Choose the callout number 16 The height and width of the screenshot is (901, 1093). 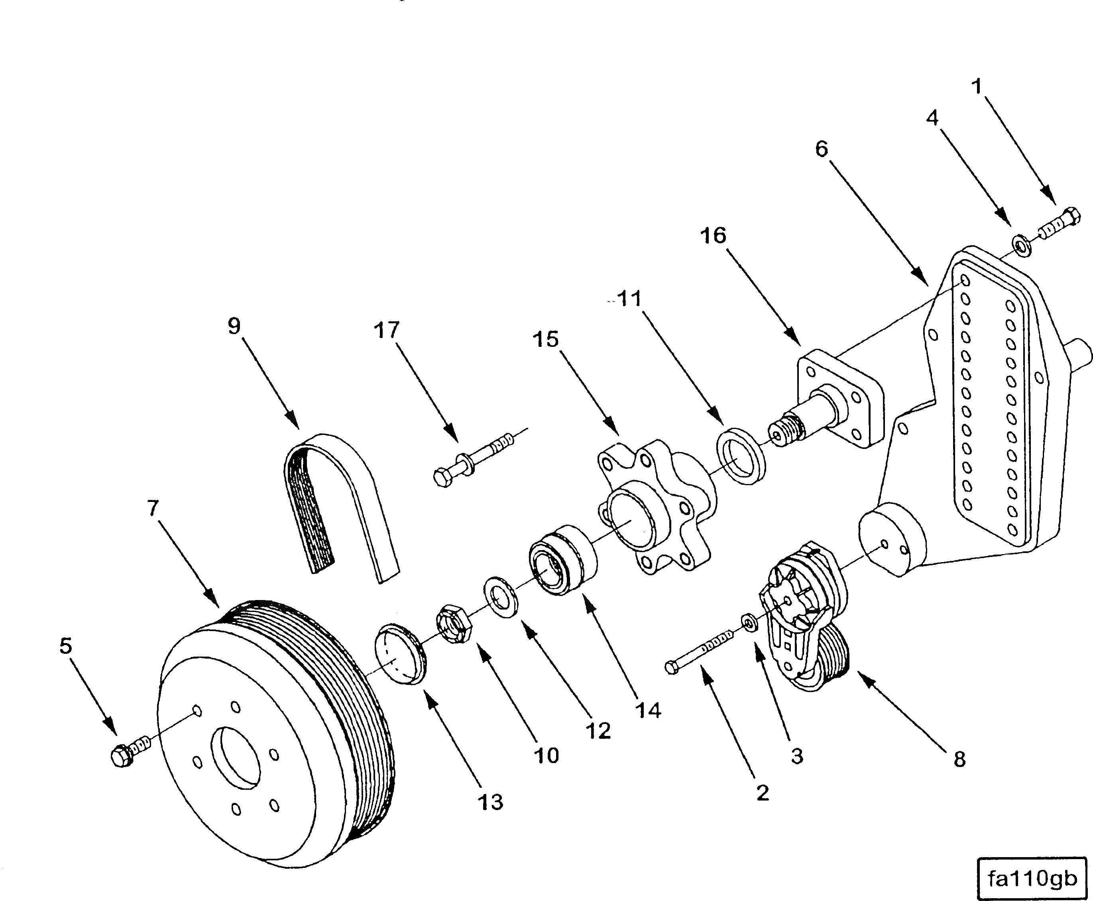(x=713, y=236)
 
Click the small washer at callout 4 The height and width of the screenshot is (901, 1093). (x=1021, y=245)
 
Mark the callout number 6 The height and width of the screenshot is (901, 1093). (x=822, y=150)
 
